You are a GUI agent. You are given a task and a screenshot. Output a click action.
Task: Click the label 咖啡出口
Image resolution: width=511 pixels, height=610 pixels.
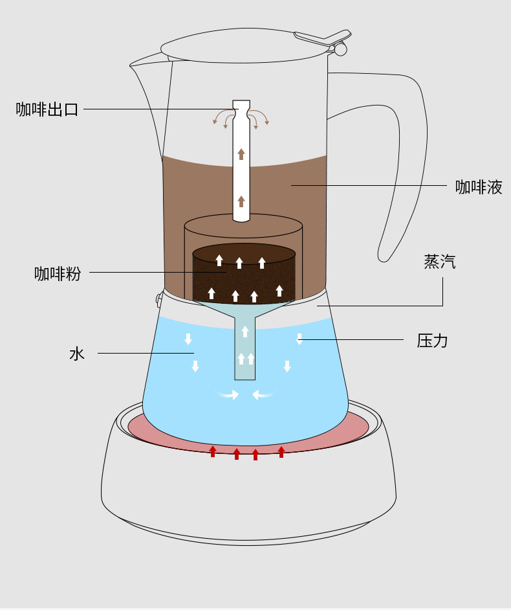coord(47,109)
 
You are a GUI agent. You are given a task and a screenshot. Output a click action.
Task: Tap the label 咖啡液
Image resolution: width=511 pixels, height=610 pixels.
coord(479,187)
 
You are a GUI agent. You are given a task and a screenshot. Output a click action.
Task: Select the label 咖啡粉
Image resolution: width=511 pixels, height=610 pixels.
coord(58,273)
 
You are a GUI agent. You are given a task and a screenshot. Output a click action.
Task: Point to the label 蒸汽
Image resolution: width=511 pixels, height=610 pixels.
coord(440,262)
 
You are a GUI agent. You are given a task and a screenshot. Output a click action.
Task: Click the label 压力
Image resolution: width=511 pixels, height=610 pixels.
coord(432,341)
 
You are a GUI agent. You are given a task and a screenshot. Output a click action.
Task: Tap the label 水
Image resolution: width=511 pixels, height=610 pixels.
coord(77,354)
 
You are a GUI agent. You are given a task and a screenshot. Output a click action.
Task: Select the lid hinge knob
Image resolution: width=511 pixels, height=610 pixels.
coord(340,49)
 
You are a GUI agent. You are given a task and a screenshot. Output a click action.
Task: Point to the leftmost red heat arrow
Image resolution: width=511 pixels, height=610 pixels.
coord(213,451)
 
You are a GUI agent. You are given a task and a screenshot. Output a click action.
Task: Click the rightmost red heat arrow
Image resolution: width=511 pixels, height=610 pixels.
coord(281,451)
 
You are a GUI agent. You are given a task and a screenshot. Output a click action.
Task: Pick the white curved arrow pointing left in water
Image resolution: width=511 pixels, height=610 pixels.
coord(264,394)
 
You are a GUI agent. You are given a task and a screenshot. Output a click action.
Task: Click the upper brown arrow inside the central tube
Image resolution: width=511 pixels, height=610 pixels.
coord(241,153)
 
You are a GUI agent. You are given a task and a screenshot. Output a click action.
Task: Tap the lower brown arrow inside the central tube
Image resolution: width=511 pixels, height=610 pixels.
coord(241,201)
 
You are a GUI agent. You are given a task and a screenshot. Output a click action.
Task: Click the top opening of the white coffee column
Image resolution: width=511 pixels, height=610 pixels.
coord(241,106)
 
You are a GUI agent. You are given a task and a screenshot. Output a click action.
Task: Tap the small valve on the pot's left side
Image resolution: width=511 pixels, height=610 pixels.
coord(158,299)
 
